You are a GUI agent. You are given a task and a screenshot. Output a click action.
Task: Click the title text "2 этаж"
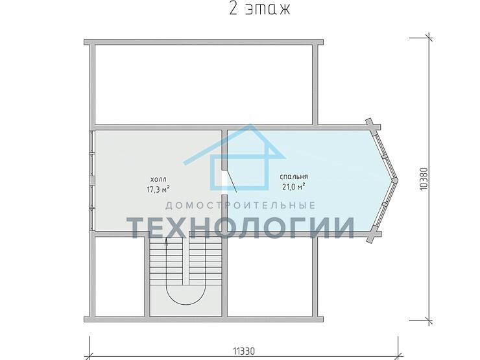(x=259, y=10)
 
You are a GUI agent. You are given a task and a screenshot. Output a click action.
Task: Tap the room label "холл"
(x=158, y=179)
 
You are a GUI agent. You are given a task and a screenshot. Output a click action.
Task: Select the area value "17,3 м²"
(x=158, y=189)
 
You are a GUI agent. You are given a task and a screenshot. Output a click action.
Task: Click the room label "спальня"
(x=294, y=176)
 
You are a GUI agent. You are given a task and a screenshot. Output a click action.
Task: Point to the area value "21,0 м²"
(x=294, y=187)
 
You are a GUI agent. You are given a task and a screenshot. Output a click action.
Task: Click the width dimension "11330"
(x=244, y=351)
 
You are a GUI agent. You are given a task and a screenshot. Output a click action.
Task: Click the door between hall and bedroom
(x=230, y=181)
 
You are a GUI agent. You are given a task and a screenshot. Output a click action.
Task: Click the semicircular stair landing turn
(x=186, y=304)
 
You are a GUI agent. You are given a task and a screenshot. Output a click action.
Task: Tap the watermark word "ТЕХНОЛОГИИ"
(x=241, y=228)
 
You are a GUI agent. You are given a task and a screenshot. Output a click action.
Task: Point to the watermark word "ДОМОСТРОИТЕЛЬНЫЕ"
(x=240, y=205)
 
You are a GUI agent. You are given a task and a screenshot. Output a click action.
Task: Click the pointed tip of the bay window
(x=398, y=180)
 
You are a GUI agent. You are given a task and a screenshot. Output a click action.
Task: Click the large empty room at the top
(x=204, y=84)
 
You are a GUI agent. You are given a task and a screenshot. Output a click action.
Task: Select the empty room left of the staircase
(x=120, y=276)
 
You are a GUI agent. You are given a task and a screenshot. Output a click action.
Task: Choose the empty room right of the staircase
(x=270, y=276)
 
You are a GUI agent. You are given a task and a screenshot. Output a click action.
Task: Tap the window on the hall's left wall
(x=92, y=180)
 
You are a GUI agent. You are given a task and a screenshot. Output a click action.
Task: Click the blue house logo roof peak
(x=251, y=126)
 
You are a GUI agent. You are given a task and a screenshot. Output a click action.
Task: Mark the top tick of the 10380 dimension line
(x=428, y=38)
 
